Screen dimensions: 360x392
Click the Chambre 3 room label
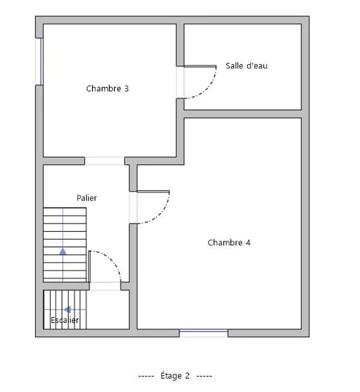tap(107, 89)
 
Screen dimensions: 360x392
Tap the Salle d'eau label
tap(247, 66)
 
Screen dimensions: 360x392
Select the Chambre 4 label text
tap(229, 242)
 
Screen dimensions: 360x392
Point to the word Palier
tap(87, 198)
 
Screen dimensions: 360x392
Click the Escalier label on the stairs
tap(65, 320)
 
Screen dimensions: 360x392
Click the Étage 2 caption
tap(175, 376)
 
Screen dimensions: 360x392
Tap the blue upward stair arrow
tap(63, 252)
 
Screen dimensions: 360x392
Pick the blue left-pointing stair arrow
tap(67, 310)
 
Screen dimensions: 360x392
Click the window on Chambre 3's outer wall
tap(39, 61)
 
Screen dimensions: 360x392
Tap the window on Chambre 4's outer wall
tap(203, 333)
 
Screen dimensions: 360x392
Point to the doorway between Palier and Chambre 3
tap(104, 161)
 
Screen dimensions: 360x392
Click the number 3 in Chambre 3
tap(126, 89)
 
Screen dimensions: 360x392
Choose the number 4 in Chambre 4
tap(248, 242)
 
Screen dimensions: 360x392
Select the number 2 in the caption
tap(187, 376)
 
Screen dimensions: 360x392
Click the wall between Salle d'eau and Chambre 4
tap(243, 114)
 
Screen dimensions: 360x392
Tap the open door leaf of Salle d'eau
tap(200, 67)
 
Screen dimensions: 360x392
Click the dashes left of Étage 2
tap(146, 376)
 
